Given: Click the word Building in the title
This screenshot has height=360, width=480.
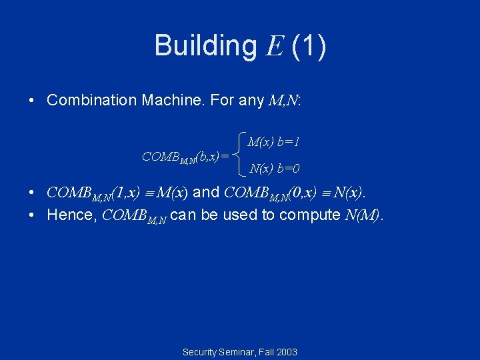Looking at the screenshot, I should pos(205,46).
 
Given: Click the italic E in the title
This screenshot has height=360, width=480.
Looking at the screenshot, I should pos(274,46).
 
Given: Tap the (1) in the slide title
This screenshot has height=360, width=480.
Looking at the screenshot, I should pos(309,46).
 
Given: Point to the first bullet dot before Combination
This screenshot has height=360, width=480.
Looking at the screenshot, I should pos(33,101).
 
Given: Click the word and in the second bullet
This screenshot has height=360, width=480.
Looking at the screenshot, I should pos(206,193).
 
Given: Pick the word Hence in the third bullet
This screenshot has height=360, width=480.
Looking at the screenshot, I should pos(67,215).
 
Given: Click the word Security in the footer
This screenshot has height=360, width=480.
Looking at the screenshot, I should pos(199,352).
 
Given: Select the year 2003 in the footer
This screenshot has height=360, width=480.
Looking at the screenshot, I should pos(286,352).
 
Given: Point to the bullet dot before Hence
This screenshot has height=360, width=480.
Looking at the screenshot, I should pos(33,215).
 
